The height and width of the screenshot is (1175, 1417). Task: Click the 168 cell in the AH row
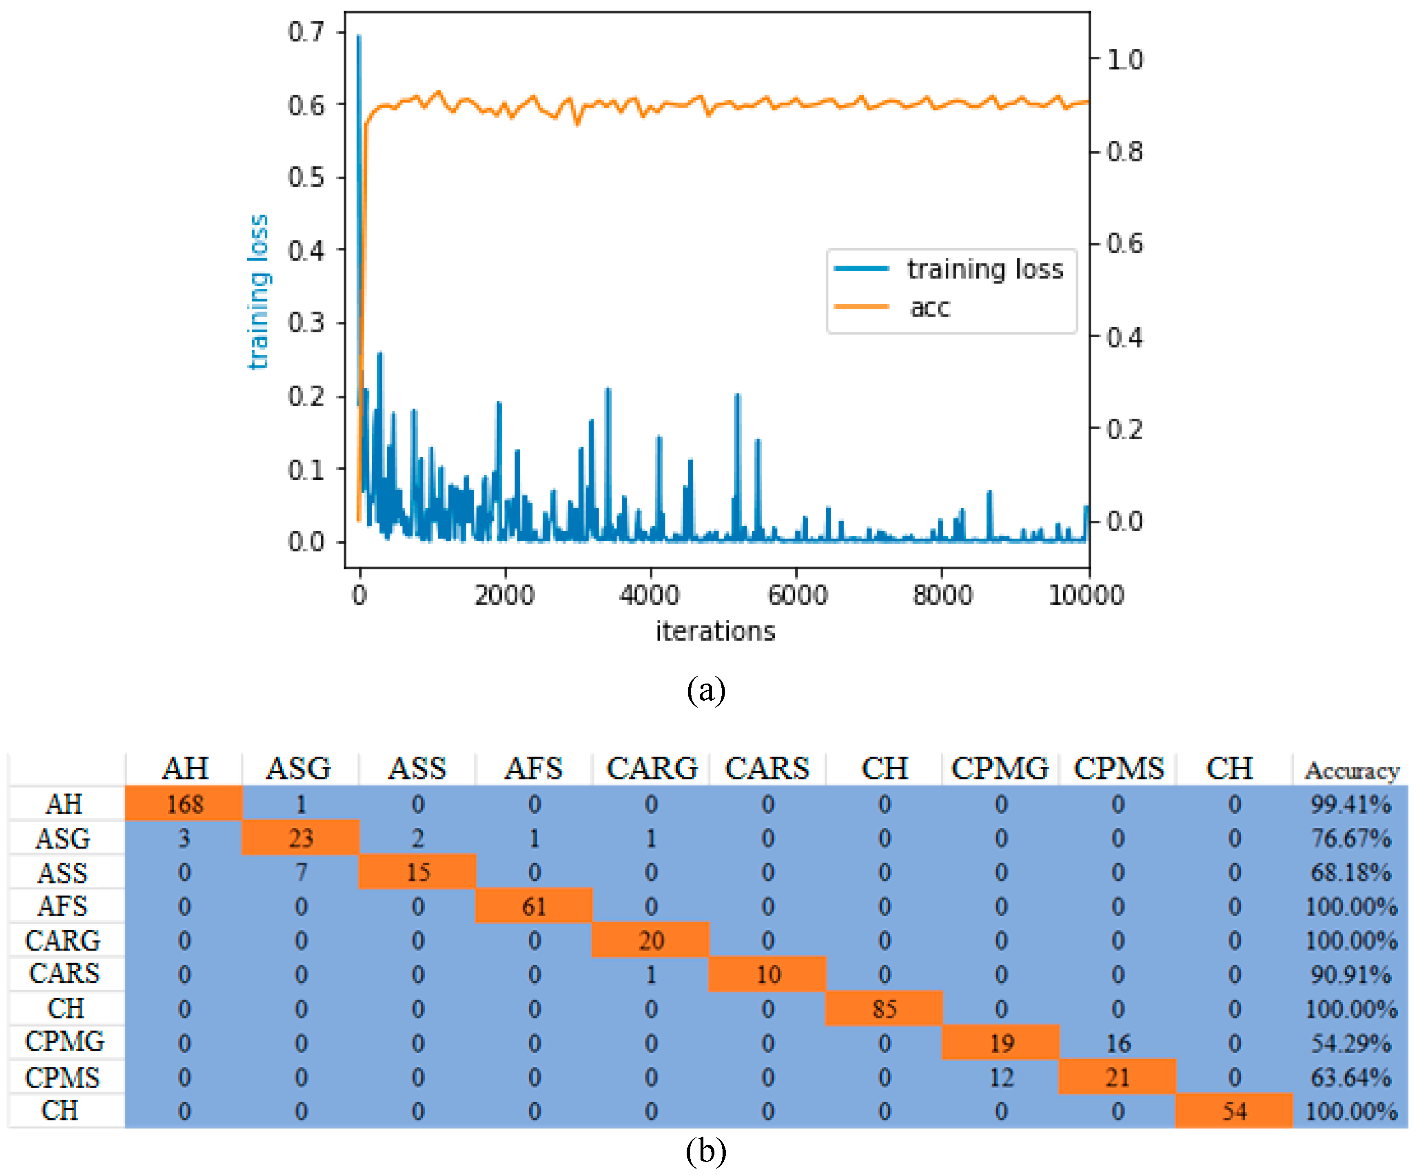184,803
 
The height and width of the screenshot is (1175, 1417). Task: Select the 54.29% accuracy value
1350,1043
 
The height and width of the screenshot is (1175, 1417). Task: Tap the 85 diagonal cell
884,1008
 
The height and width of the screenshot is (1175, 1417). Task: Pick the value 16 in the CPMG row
1118,1043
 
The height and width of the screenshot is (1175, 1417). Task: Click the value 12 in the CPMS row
1001,1077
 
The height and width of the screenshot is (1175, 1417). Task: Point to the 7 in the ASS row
301,872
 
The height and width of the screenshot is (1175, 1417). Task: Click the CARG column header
651,768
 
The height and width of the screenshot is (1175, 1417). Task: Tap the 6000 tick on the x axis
797,595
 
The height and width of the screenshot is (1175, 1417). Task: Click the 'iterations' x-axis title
715,631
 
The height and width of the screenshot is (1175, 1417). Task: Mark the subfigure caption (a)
706,689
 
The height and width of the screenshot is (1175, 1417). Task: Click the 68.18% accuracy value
1350,872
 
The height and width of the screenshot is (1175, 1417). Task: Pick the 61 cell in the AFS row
534,906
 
